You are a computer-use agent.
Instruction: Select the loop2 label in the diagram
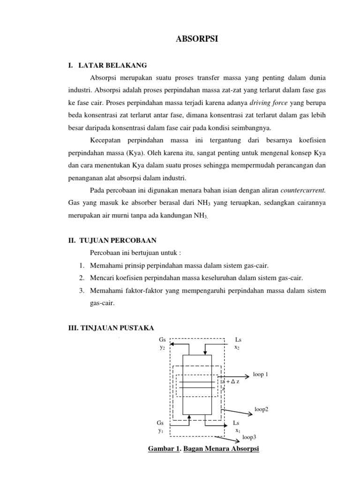coord(261,409)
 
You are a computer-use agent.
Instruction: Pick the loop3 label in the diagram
coord(249,437)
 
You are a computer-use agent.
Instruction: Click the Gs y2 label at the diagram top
coord(162,343)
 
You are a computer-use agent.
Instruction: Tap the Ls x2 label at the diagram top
coord(238,343)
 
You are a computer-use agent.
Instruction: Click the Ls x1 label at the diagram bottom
coord(238,426)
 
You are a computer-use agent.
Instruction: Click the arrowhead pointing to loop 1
coord(247,375)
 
